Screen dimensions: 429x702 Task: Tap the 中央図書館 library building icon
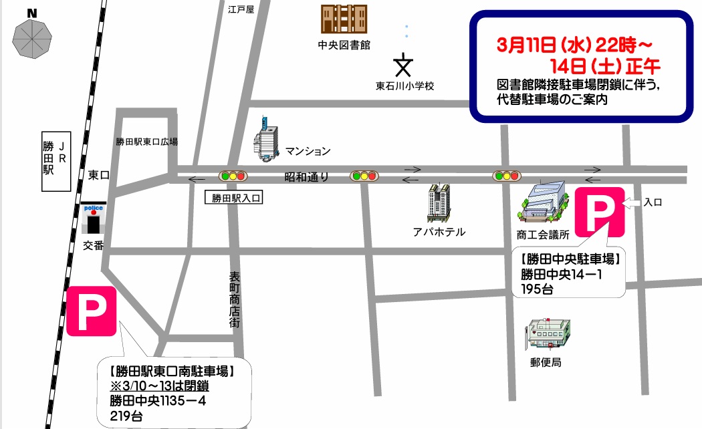[344, 20]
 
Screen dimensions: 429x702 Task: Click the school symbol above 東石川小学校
[404, 65]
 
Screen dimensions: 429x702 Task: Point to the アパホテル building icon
[441, 202]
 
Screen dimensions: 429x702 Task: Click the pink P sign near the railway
[92, 311]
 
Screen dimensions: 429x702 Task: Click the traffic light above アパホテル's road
[363, 176]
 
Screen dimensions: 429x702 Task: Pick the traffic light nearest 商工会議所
[506, 176]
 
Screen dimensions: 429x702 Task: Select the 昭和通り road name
[306, 176]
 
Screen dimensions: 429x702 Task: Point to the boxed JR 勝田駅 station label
[57, 160]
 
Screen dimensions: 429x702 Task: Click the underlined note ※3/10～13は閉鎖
[160, 387]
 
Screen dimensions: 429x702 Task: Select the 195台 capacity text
[539, 288]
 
